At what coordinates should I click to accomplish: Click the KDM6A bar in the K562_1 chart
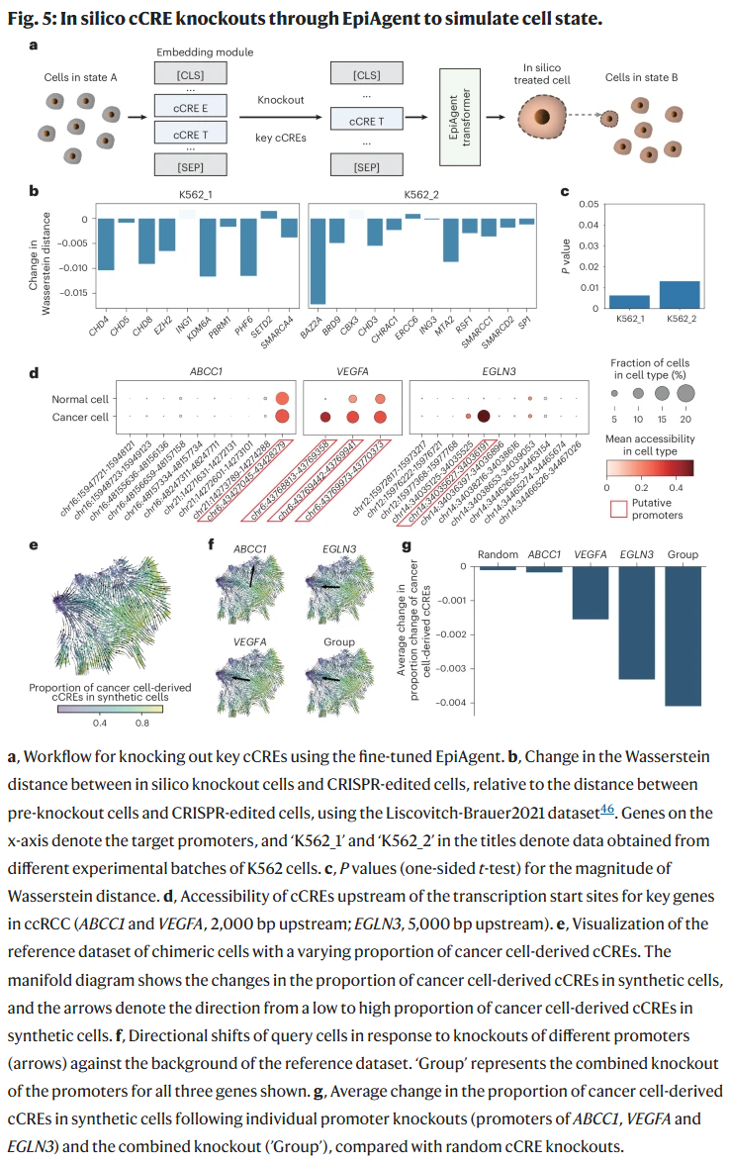208,247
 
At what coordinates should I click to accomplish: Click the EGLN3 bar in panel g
635,623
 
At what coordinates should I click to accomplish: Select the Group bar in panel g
683,635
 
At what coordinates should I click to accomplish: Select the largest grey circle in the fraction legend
686,393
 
